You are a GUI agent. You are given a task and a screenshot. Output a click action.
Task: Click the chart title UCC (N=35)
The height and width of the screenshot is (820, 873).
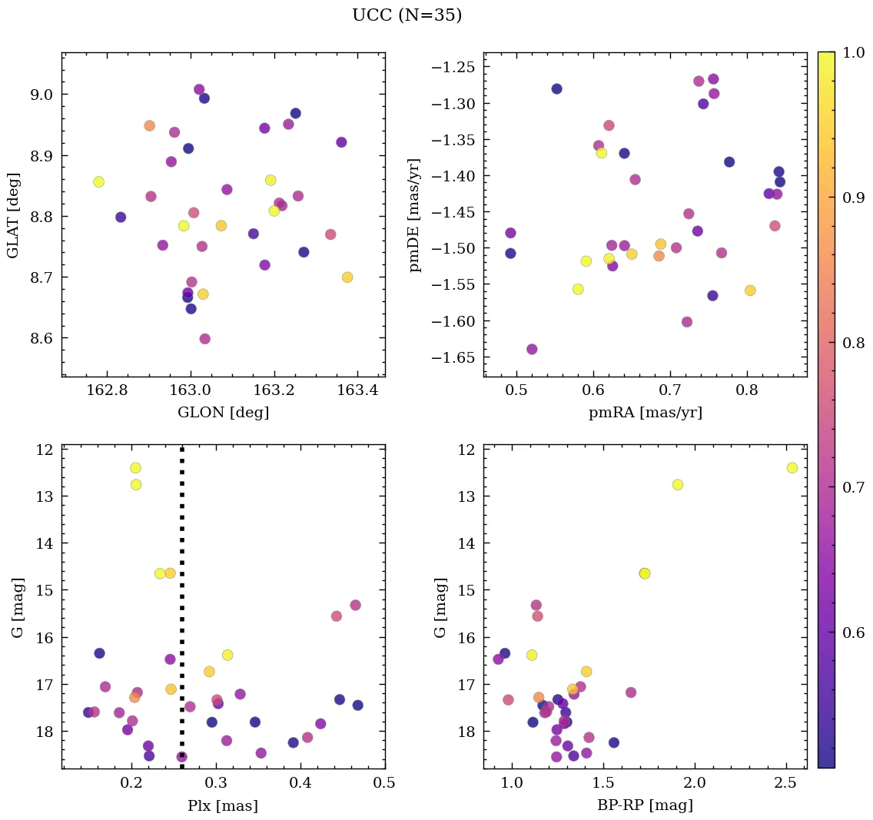(x=407, y=15)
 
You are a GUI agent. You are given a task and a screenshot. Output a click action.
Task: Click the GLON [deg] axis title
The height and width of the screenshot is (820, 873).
(x=223, y=413)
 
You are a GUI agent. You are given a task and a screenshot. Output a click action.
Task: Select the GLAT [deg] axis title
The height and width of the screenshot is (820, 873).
(x=13, y=214)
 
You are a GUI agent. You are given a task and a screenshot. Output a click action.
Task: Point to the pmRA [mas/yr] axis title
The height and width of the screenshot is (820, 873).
(x=646, y=413)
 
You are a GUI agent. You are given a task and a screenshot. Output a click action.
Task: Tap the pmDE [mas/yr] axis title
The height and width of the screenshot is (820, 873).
(x=416, y=214)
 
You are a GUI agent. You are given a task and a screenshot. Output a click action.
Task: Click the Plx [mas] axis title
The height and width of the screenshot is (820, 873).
(x=223, y=805)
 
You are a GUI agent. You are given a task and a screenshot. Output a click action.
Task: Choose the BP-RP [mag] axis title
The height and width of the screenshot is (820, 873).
(x=646, y=805)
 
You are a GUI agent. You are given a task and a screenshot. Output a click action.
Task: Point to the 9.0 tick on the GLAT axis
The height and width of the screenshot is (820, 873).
(x=41, y=95)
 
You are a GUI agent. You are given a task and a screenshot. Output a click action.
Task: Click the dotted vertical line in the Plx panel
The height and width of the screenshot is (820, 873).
(x=182, y=615)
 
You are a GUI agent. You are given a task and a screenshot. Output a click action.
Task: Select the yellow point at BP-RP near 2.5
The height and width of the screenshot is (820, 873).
(x=792, y=468)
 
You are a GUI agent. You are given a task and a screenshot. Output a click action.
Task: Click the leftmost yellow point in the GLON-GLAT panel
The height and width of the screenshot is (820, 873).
(x=98, y=182)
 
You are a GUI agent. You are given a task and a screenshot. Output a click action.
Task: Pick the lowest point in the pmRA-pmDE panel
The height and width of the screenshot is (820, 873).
(x=532, y=349)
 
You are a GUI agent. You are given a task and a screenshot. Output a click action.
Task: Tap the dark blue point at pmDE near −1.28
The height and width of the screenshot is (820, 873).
(x=556, y=89)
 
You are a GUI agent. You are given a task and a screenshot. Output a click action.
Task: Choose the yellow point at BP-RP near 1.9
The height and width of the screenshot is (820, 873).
(x=677, y=485)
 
